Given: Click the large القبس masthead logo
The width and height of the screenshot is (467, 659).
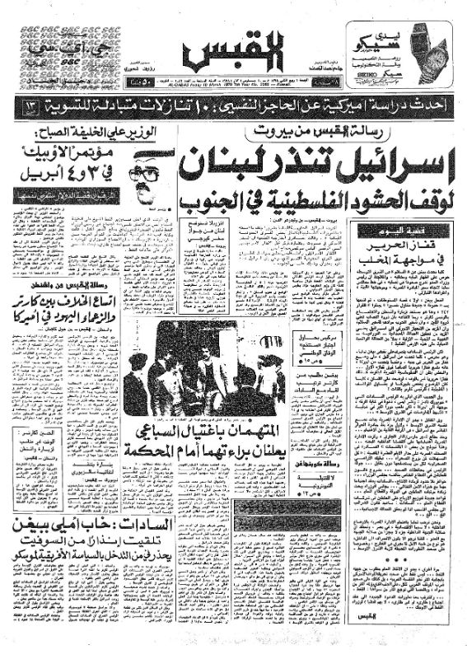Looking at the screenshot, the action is click(234, 51).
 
